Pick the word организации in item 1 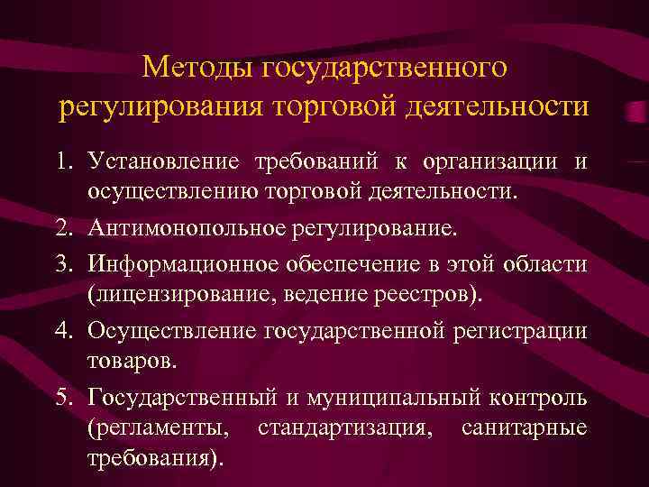point(488,162)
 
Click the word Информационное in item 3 point(181,262)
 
